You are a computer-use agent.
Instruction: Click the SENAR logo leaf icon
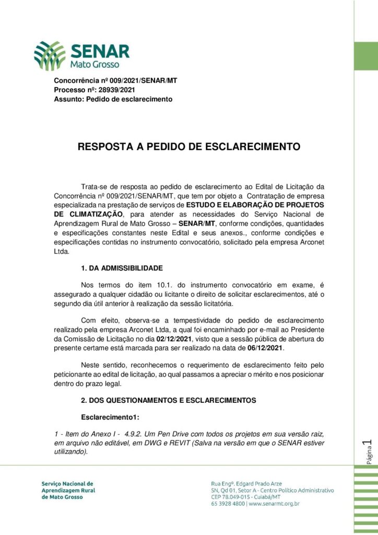click(x=50, y=55)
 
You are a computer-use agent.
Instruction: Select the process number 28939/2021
click(x=117, y=90)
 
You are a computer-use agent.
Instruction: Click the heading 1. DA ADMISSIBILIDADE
click(x=122, y=268)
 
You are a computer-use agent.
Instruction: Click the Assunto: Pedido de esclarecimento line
click(x=113, y=99)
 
